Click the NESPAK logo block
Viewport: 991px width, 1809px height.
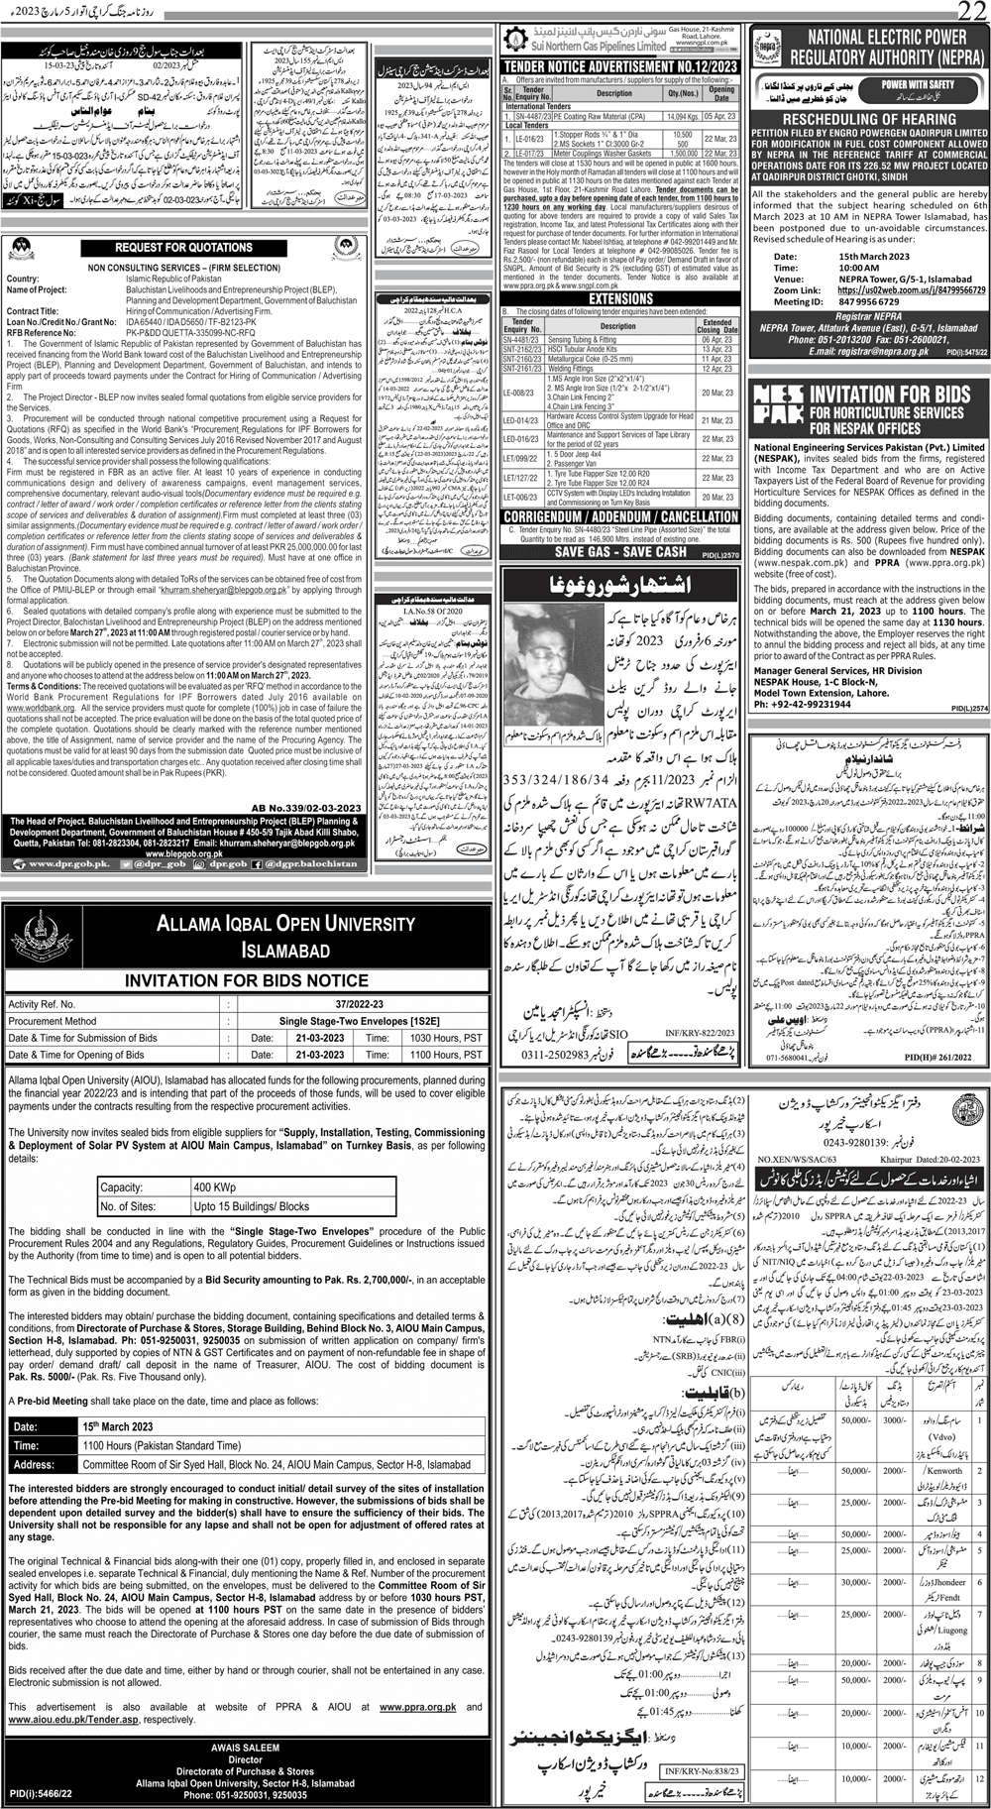[777, 406]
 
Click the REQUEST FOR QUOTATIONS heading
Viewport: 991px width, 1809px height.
[184, 248]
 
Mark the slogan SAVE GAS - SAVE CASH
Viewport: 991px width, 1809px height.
[620, 552]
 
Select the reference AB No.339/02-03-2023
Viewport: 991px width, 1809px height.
[307, 809]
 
